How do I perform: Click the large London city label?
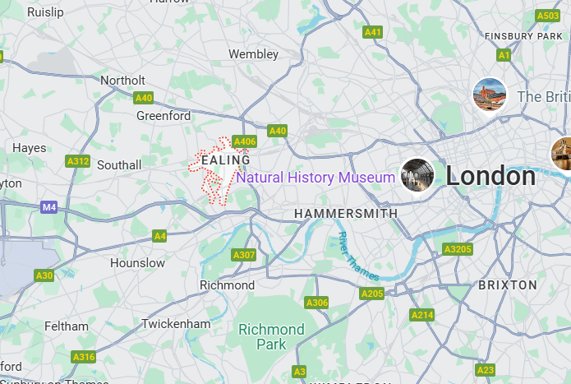pos(490,176)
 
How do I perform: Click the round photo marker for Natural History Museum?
pos(417,176)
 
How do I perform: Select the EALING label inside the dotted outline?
pos(225,160)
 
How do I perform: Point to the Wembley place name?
pos(253,54)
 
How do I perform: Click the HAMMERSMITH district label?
pos(346,213)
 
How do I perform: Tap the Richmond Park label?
pos(271,337)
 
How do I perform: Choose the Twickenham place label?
pos(176,324)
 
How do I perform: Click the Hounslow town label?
pos(137,263)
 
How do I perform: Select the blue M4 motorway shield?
pos(49,207)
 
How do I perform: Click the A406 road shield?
pos(244,141)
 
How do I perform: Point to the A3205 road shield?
pos(458,249)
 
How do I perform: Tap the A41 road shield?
pos(373,32)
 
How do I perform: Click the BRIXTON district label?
pos(508,285)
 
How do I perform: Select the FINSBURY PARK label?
pos(523,36)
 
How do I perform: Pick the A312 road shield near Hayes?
pos(78,161)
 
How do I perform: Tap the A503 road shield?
pos(548,16)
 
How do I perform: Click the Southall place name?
pos(119,165)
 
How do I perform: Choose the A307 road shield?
pos(244,255)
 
